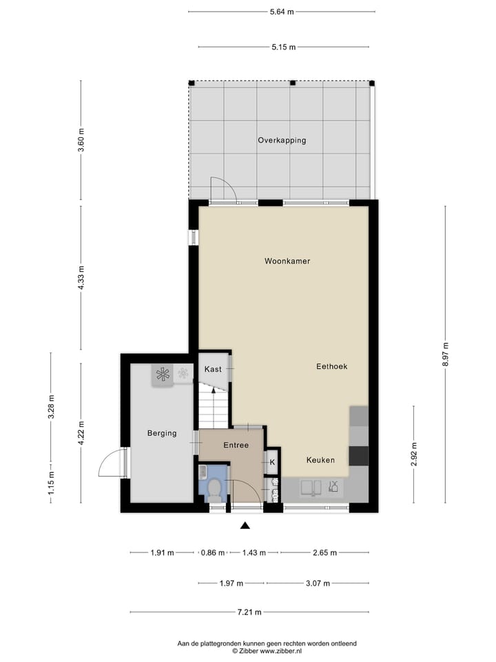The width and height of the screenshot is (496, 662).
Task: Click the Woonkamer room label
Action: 287,261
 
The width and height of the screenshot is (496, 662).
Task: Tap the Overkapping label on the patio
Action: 282,140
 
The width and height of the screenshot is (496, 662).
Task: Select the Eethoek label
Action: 331,367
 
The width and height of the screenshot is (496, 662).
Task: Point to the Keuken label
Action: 320,460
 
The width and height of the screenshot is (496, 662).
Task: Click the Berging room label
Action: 162,434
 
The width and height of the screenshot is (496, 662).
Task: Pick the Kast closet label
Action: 213,370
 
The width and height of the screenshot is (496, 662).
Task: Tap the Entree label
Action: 236,445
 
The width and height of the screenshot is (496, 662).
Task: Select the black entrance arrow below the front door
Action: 245,527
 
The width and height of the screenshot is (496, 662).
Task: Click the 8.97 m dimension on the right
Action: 446,356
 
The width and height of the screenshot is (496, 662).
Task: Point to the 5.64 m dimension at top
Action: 282,12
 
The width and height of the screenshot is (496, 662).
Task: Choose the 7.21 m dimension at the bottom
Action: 249,612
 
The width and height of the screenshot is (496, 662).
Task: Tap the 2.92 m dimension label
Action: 414,454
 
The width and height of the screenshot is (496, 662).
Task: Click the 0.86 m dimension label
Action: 211,552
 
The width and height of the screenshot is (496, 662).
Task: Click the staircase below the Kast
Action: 214,408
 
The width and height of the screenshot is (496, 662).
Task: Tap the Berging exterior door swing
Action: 112,463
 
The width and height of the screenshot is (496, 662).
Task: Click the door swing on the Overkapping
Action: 223,190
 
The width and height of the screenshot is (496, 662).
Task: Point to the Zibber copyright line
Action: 267,650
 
